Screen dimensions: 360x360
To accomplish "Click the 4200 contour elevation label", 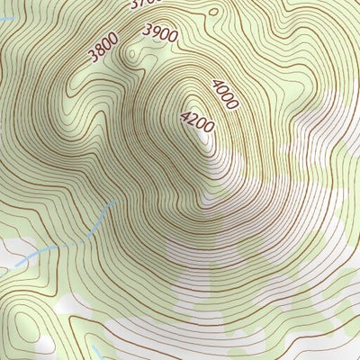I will tap(197, 121).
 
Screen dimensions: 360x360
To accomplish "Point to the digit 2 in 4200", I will tap(193, 120).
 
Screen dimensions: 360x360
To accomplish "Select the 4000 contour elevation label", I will tap(225, 94).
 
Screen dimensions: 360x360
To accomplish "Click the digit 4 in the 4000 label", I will tap(217, 85).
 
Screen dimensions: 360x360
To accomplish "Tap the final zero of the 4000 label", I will tap(233, 105).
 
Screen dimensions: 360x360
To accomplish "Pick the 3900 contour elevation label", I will tap(161, 32).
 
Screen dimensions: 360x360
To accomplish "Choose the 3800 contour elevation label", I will tap(103, 49).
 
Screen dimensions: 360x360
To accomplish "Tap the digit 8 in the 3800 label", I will tap(98, 52).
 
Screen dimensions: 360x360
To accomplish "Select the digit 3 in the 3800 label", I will tap(92, 58).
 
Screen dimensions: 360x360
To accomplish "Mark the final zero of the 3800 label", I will tap(113, 40).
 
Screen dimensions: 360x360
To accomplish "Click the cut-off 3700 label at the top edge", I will tap(144, 4).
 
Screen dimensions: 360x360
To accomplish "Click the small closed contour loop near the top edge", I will tap(213, 11).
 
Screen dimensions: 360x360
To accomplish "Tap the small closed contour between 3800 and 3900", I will tap(135, 54).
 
